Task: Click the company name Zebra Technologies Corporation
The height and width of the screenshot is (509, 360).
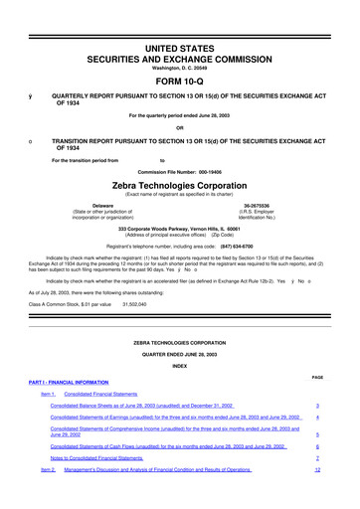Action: (180, 186)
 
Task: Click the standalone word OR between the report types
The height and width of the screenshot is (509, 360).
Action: (179, 126)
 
